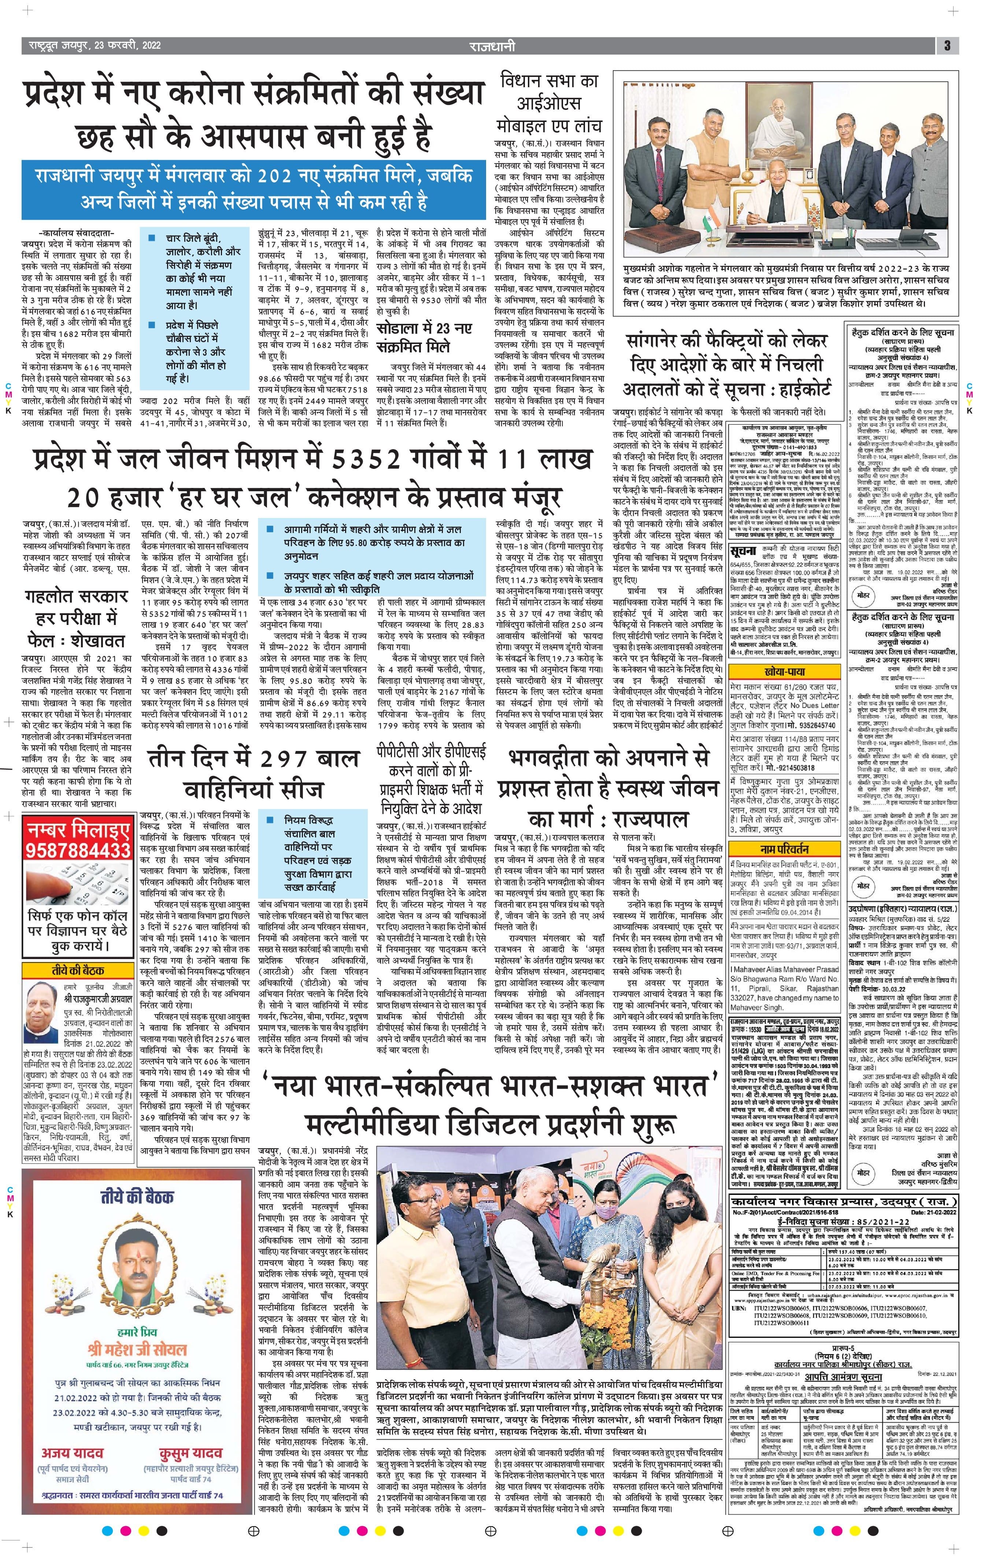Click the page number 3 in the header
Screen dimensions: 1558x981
point(947,45)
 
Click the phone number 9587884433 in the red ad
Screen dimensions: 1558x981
point(78,848)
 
